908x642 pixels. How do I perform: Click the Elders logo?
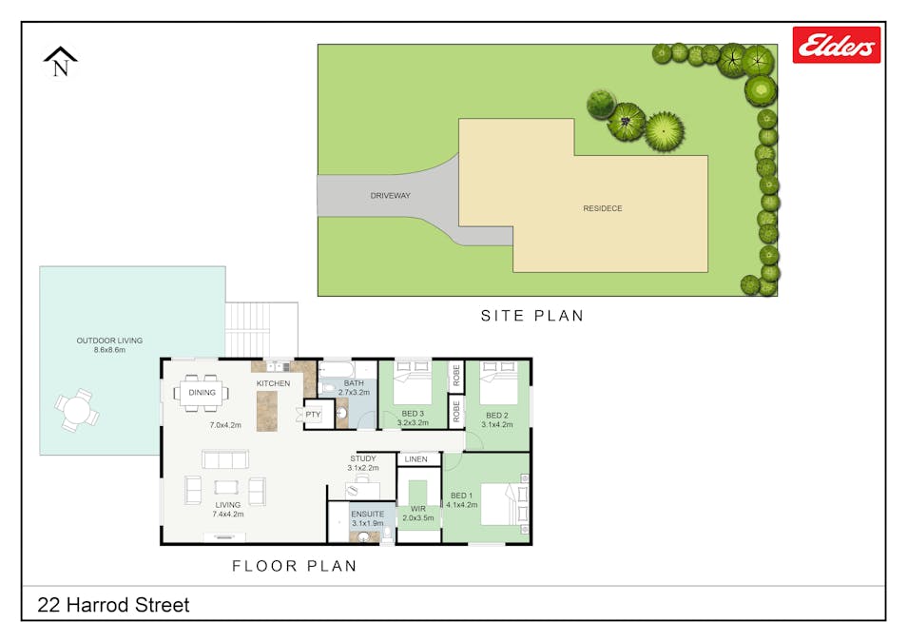click(x=836, y=45)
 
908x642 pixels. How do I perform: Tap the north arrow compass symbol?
click(x=61, y=62)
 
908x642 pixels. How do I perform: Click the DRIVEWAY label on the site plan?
click(x=390, y=196)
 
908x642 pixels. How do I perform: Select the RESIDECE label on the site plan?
click(x=603, y=208)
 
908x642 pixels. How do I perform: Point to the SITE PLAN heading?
click(x=531, y=316)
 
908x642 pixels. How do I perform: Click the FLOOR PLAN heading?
click(x=295, y=566)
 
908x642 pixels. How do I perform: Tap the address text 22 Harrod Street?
click(x=113, y=605)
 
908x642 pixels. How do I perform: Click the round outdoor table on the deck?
click(x=77, y=410)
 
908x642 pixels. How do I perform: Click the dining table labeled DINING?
click(x=202, y=392)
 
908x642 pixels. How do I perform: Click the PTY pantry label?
click(x=313, y=415)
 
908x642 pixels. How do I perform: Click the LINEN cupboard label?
click(x=415, y=459)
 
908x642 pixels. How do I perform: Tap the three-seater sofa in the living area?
click(x=224, y=459)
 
